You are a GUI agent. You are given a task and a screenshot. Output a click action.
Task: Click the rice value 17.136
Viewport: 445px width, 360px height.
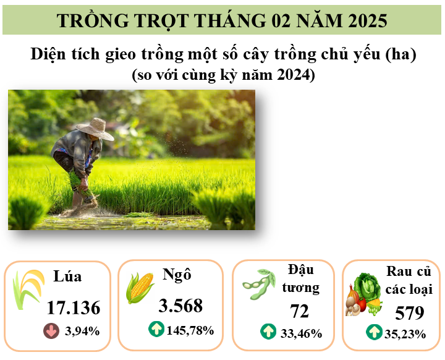[x=74, y=307]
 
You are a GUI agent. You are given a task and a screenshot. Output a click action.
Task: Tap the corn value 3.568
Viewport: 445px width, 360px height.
[x=180, y=306]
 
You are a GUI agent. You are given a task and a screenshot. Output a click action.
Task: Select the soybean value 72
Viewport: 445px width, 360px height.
[x=299, y=311]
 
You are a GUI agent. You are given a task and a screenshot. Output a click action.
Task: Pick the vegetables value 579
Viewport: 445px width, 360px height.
[x=410, y=313]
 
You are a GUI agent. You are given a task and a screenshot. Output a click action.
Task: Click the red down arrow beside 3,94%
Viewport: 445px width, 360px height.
[x=51, y=331]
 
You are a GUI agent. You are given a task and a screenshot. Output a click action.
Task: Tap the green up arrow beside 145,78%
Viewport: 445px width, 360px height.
[x=156, y=329]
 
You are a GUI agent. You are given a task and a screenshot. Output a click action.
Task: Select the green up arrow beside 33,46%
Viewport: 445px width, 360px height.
[x=268, y=332]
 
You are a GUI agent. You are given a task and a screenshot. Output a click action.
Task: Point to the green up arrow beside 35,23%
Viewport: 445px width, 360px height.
[x=374, y=332]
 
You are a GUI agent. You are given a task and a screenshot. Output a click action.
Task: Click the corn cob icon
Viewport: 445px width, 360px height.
[x=140, y=288]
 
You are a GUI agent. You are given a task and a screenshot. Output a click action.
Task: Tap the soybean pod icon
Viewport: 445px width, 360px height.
[x=259, y=284]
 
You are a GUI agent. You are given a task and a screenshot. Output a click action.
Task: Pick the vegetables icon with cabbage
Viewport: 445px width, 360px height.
[x=363, y=294]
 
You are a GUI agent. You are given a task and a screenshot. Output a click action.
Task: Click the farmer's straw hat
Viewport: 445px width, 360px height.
[x=95, y=129]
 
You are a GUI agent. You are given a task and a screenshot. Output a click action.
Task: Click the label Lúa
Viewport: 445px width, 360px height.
[x=67, y=276]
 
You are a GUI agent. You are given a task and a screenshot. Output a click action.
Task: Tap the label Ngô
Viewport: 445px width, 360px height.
[x=177, y=275]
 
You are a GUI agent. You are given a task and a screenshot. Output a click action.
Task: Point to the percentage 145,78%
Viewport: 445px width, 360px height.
[x=190, y=330]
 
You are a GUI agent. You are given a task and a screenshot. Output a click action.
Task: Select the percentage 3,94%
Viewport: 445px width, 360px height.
[x=82, y=332]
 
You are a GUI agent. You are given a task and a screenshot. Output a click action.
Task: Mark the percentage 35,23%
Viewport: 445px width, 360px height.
[x=405, y=334]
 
